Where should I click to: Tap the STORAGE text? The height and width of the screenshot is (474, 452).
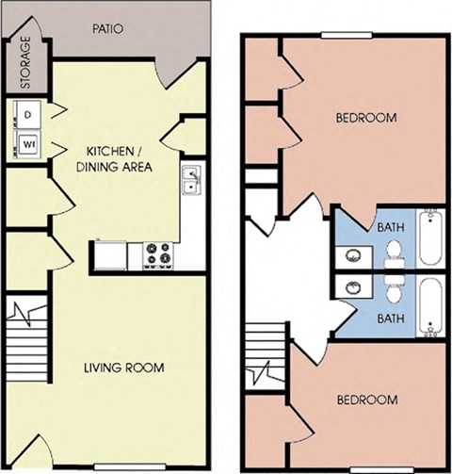pos(25,63)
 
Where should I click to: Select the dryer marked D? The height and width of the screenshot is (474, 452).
pos(27,115)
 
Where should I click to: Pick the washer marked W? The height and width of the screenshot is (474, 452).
pos(27,145)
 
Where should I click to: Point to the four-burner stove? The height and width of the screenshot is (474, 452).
pos(157,254)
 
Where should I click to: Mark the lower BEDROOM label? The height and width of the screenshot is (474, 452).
pos(366,400)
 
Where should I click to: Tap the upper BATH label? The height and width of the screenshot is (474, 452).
pos(390,227)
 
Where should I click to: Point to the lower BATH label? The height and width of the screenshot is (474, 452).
pos(390,319)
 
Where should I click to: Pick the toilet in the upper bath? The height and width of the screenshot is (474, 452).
pos(394,250)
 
